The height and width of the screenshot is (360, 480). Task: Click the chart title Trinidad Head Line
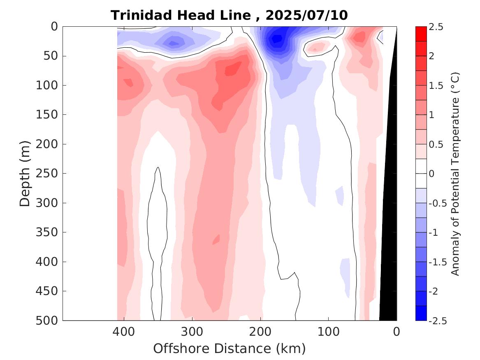click(x=180, y=15)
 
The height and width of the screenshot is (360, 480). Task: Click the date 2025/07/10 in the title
click(x=306, y=15)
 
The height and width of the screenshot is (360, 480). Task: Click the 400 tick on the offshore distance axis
click(x=124, y=331)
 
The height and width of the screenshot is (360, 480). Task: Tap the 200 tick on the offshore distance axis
click(x=260, y=331)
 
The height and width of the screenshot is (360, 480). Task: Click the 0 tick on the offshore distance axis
click(x=397, y=331)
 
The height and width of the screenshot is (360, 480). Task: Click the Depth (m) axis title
click(x=25, y=173)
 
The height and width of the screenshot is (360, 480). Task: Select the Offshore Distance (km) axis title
click(x=230, y=349)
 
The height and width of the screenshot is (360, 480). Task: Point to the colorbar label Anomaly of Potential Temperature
click(x=455, y=174)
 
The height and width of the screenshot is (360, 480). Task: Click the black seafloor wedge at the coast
click(x=389, y=247)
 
